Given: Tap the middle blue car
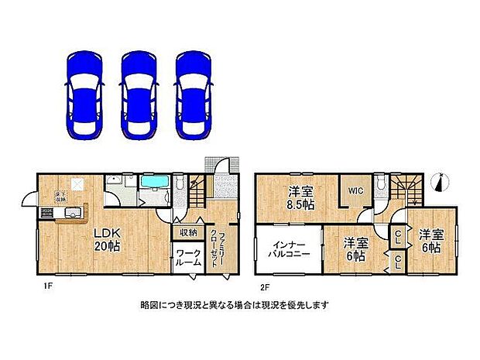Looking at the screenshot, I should pos(140,95).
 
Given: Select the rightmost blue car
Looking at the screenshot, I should pos(194,95).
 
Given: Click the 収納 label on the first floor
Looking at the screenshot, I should pos(188,231).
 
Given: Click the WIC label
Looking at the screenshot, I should pos(355,190).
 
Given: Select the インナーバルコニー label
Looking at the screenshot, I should pos(288,249).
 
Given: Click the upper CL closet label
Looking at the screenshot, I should pos(396,235).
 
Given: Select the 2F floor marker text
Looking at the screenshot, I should pos(263,285).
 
